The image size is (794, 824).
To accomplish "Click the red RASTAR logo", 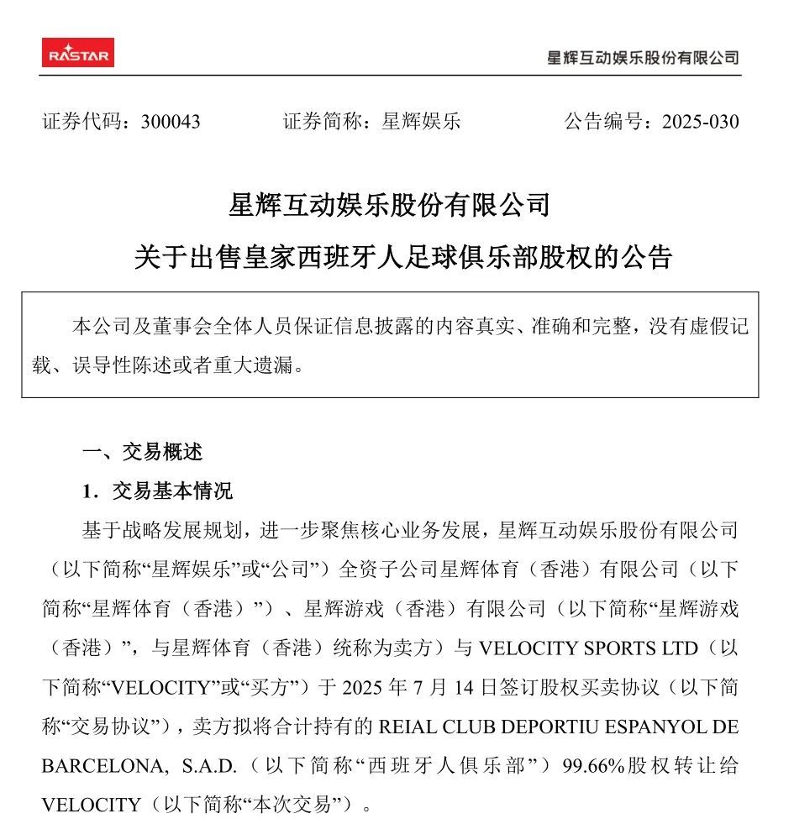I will point(78,53).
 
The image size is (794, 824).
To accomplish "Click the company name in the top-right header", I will point(643,58).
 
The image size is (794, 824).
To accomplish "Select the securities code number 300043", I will point(171,122).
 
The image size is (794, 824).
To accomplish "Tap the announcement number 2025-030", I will point(700,122).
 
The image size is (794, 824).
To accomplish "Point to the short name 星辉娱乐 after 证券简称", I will point(422,122).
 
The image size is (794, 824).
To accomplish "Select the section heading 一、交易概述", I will point(142,452).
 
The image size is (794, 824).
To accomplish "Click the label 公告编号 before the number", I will point(602,122).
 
